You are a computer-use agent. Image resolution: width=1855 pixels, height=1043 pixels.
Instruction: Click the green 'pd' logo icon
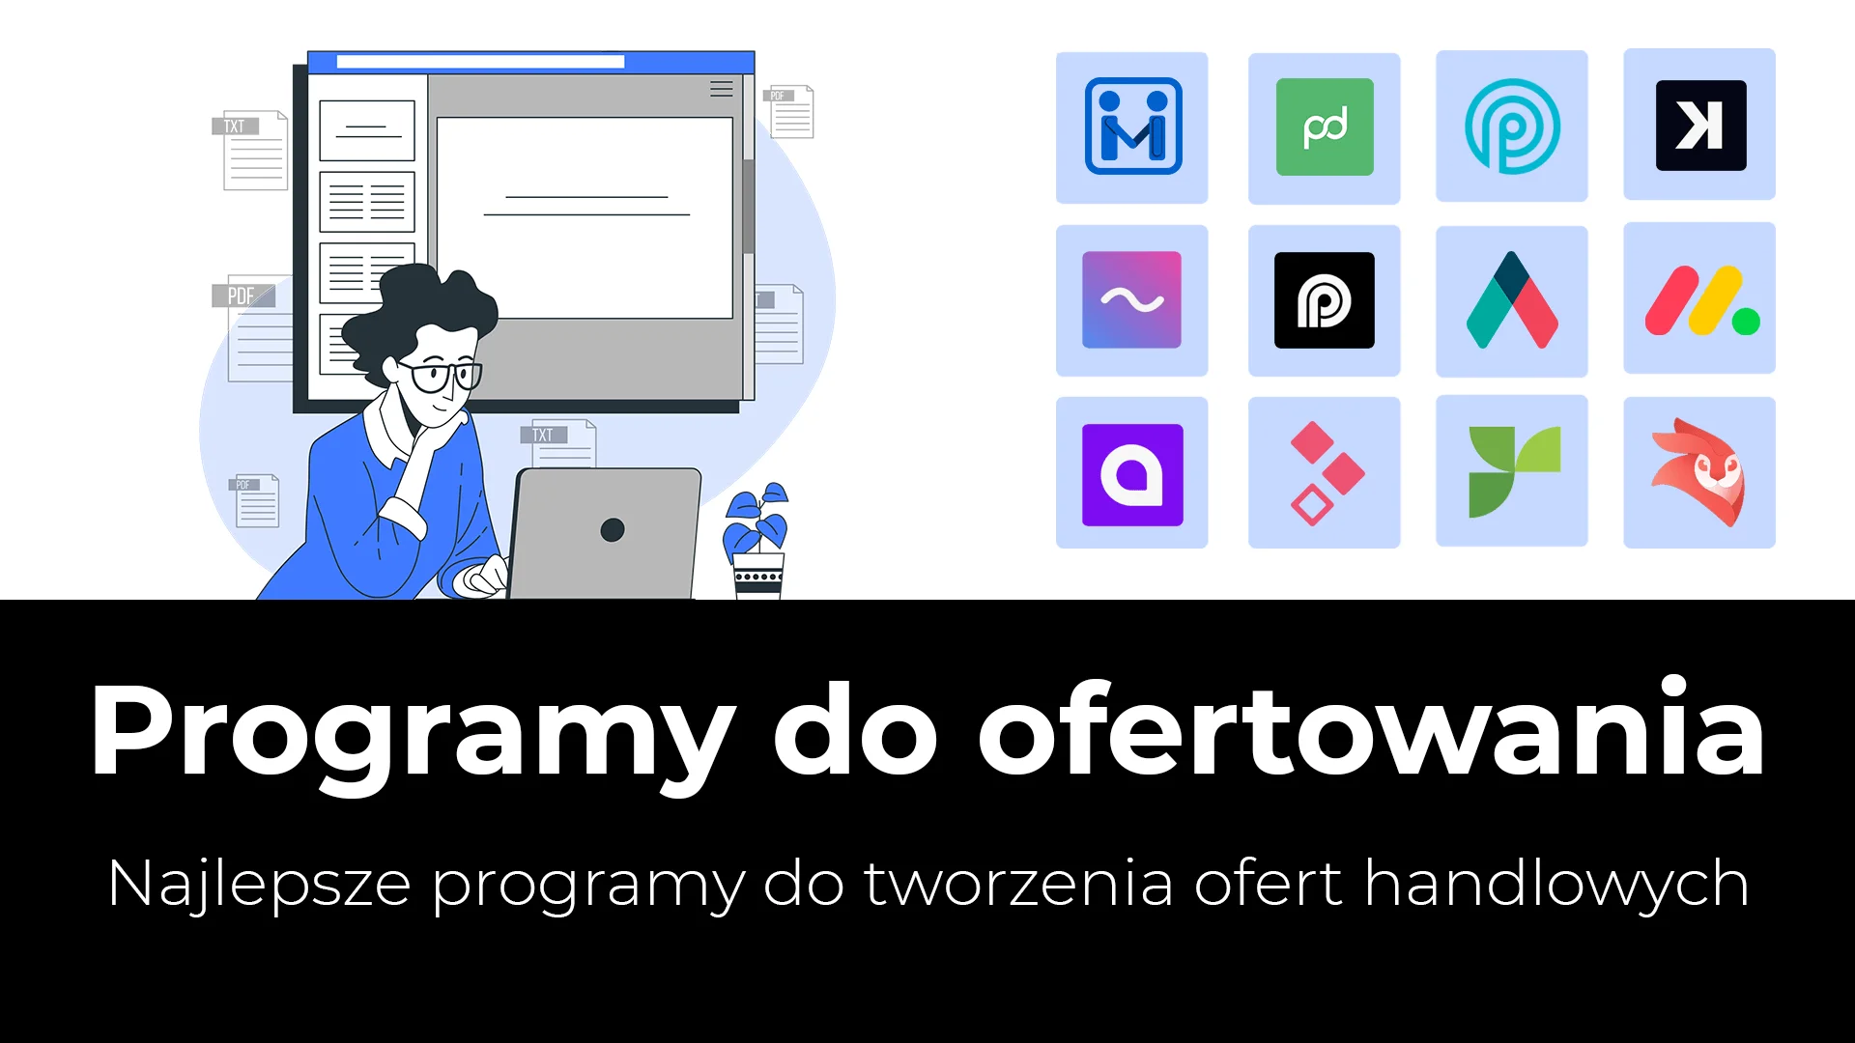pyautogui.click(x=1325, y=127)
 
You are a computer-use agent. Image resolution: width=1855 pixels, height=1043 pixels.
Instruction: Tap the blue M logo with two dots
pyautogui.click(x=1132, y=127)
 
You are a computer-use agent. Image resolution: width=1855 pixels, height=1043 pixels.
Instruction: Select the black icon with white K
pyautogui.click(x=1700, y=126)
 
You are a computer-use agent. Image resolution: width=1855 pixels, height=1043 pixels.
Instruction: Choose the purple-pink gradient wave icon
pyautogui.click(x=1131, y=300)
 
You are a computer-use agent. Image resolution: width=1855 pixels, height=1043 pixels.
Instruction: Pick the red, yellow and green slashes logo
pyautogui.click(x=1701, y=301)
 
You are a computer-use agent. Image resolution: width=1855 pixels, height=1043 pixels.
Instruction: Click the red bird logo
pyautogui.click(x=1699, y=472)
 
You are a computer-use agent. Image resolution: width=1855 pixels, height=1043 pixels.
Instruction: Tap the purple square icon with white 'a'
pyautogui.click(x=1132, y=475)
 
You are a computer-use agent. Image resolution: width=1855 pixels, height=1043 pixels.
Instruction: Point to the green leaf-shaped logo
pyautogui.click(x=1514, y=471)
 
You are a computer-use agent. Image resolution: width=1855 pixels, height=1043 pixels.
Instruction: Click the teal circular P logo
pyautogui.click(x=1513, y=127)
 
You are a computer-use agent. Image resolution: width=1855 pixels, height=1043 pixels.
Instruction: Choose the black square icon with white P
pyautogui.click(x=1325, y=300)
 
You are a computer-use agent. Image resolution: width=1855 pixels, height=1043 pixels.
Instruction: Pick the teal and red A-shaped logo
pyautogui.click(x=1512, y=300)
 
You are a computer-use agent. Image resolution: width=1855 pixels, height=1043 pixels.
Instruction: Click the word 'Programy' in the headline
pyautogui.click(x=412, y=734)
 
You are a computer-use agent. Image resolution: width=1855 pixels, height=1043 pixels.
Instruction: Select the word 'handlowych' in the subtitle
pyautogui.click(x=1556, y=884)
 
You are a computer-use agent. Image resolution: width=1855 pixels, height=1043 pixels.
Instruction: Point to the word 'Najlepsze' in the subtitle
pyautogui.click(x=259, y=884)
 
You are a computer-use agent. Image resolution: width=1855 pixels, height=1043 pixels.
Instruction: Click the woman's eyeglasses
pyautogui.click(x=440, y=375)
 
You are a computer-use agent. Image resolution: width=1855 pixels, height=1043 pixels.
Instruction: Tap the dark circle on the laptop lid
pyautogui.click(x=613, y=529)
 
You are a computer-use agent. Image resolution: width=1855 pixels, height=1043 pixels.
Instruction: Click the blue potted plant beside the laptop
pyautogui.click(x=757, y=541)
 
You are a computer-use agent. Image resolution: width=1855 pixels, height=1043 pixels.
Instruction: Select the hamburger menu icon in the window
pyautogui.click(x=722, y=89)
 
